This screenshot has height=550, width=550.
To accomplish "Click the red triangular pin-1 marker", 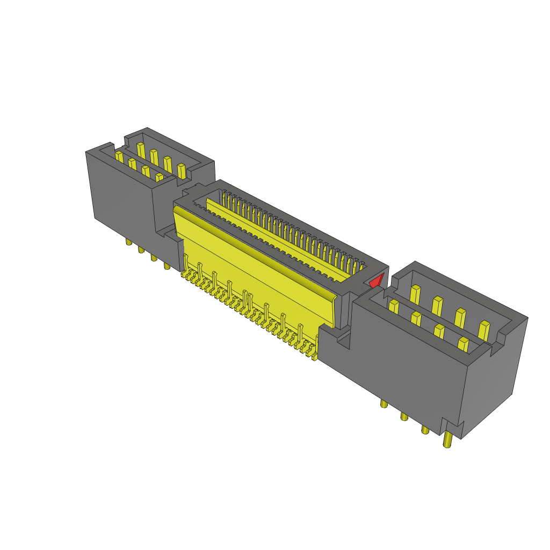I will [x=376, y=281].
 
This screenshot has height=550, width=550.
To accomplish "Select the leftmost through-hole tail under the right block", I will [x=383, y=403].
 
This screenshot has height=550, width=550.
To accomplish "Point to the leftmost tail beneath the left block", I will [x=128, y=242].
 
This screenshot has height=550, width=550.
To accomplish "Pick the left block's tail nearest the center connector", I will [x=167, y=265].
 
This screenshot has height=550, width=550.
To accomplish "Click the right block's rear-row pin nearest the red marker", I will [x=415, y=294].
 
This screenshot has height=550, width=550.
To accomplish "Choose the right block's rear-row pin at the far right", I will [x=483, y=329].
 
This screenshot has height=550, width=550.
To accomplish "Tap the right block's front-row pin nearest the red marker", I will [x=393, y=307].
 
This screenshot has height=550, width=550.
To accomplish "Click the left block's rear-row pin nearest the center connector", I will [x=182, y=170].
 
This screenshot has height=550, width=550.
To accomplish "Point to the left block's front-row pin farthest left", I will [x=119, y=157].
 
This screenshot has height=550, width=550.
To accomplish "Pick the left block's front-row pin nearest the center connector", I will [x=159, y=177].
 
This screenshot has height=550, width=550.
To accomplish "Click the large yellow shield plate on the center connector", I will [x=252, y=263].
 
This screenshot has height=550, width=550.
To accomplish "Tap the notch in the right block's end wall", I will [x=503, y=338].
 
